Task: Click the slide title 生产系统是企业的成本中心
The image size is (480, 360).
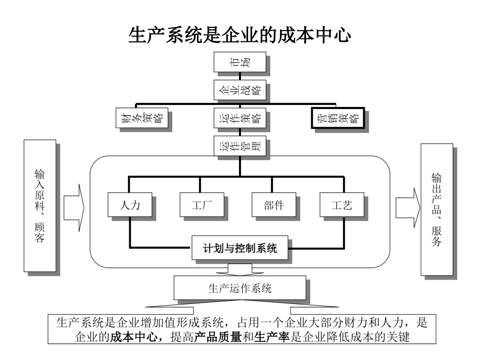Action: [240, 36]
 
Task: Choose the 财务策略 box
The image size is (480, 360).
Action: [141, 119]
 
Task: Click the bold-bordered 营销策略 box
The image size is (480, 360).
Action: [337, 119]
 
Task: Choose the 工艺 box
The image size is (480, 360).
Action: [342, 205]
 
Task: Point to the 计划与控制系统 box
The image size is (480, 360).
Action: [240, 248]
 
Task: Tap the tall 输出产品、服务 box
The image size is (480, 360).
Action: [437, 210]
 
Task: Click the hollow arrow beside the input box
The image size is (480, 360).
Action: [73, 207]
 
